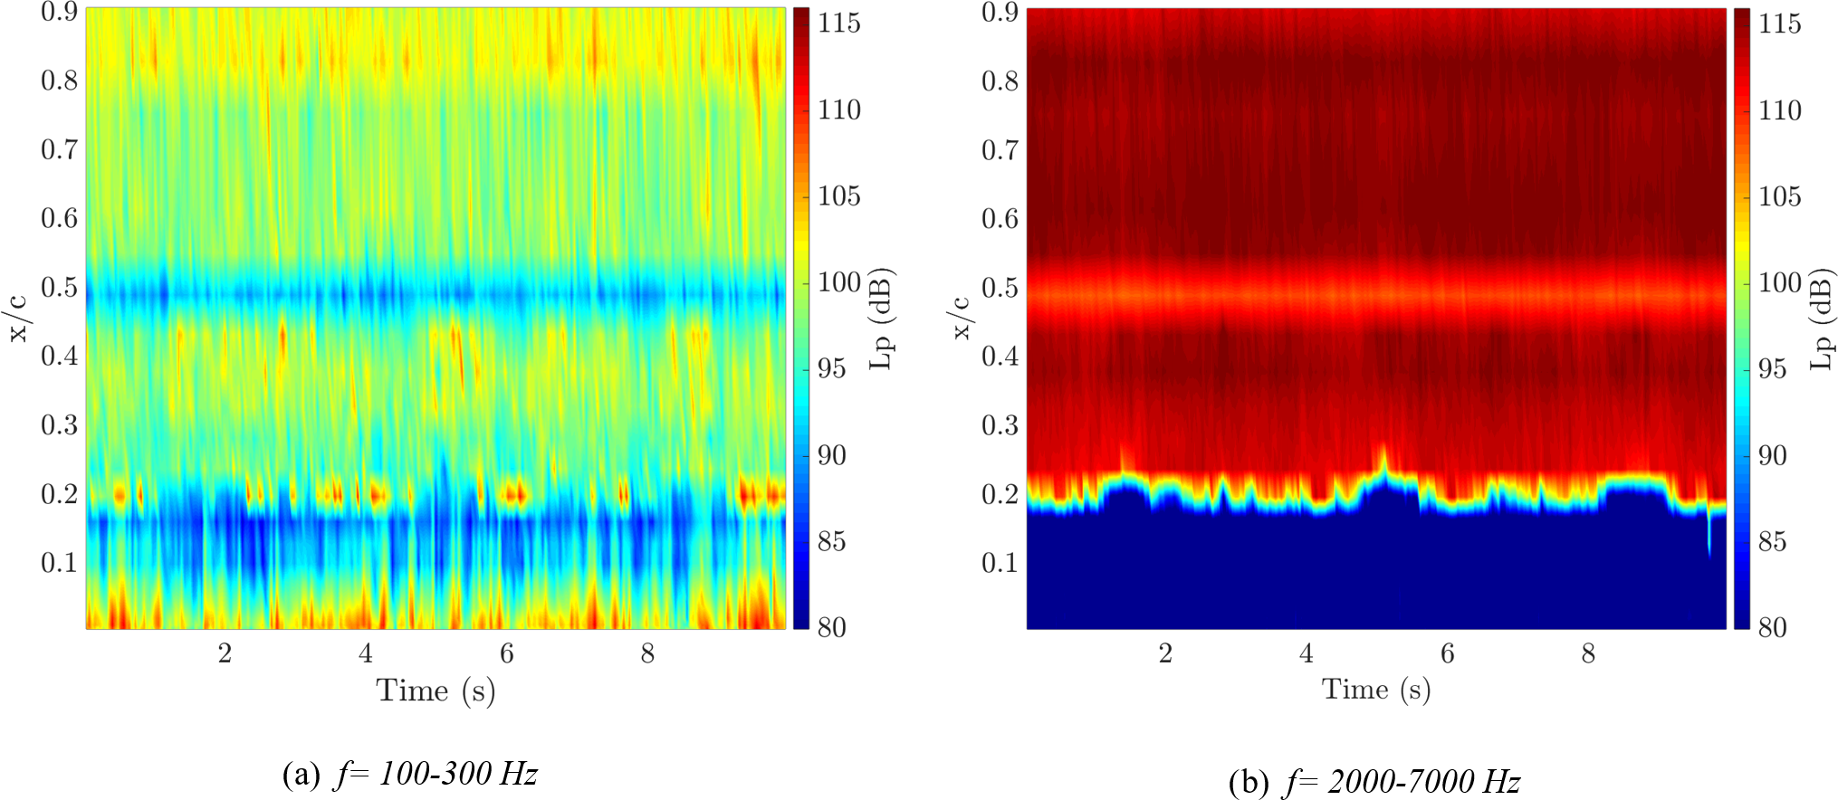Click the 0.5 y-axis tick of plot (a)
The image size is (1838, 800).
click(x=59, y=287)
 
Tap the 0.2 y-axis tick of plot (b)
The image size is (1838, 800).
click(x=1000, y=494)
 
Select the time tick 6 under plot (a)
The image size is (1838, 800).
click(x=507, y=653)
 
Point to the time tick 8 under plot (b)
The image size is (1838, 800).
click(x=1588, y=653)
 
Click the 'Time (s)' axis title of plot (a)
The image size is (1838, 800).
click(x=436, y=691)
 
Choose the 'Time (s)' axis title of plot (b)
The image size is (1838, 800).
click(x=1376, y=690)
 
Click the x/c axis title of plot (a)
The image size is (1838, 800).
click(x=19, y=319)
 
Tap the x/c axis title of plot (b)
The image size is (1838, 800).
click(x=961, y=319)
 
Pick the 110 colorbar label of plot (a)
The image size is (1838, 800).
click(x=839, y=110)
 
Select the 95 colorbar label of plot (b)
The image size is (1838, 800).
click(x=1773, y=369)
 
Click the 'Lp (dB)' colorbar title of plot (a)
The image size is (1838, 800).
click(x=882, y=319)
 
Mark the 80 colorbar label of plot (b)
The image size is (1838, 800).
click(x=1773, y=627)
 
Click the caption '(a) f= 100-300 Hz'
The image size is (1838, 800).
click(x=410, y=774)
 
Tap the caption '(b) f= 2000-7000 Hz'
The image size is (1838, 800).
click(x=1374, y=781)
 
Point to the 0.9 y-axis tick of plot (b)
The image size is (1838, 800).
click(x=1000, y=12)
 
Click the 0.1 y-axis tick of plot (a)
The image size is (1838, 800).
click(x=59, y=563)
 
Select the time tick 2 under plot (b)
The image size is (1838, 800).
click(x=1165, y=653)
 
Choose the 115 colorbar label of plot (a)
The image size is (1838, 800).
click(x=839, y=24)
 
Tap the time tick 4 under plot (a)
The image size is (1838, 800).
click(x=366, y=653)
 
